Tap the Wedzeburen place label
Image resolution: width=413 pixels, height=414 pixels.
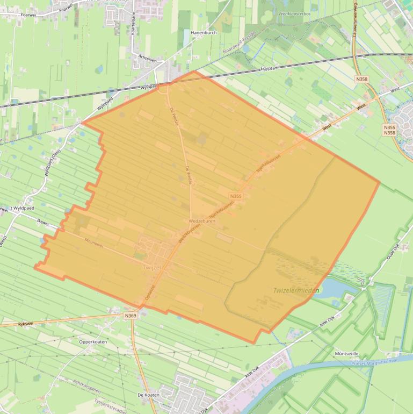[202, 221]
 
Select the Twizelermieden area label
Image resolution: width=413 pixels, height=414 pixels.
[296, 291]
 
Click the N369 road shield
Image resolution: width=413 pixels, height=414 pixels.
[130, 316]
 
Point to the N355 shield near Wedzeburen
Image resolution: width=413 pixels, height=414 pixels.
[235, 196]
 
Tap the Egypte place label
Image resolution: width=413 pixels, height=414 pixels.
[267, 68]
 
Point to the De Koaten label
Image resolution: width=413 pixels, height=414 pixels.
[148, 395]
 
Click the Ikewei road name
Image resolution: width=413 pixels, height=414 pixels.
[42, 222]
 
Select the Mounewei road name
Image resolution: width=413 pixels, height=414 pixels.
[93, 245]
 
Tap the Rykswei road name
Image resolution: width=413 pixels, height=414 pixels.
[26, 324]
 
